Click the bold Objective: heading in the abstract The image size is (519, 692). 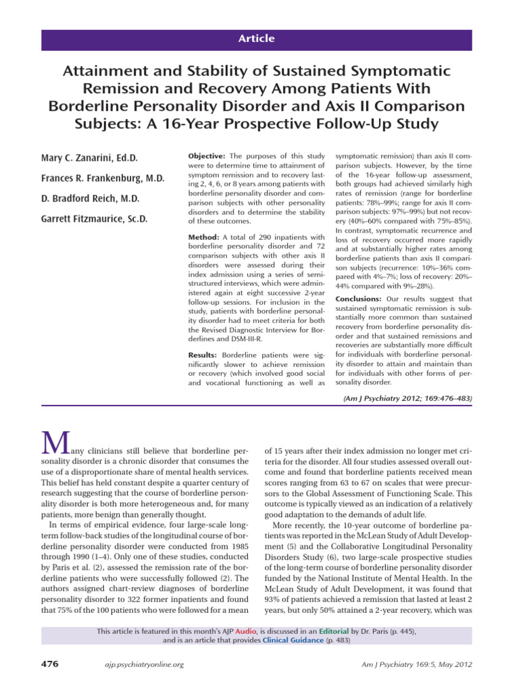coord(207,156)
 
